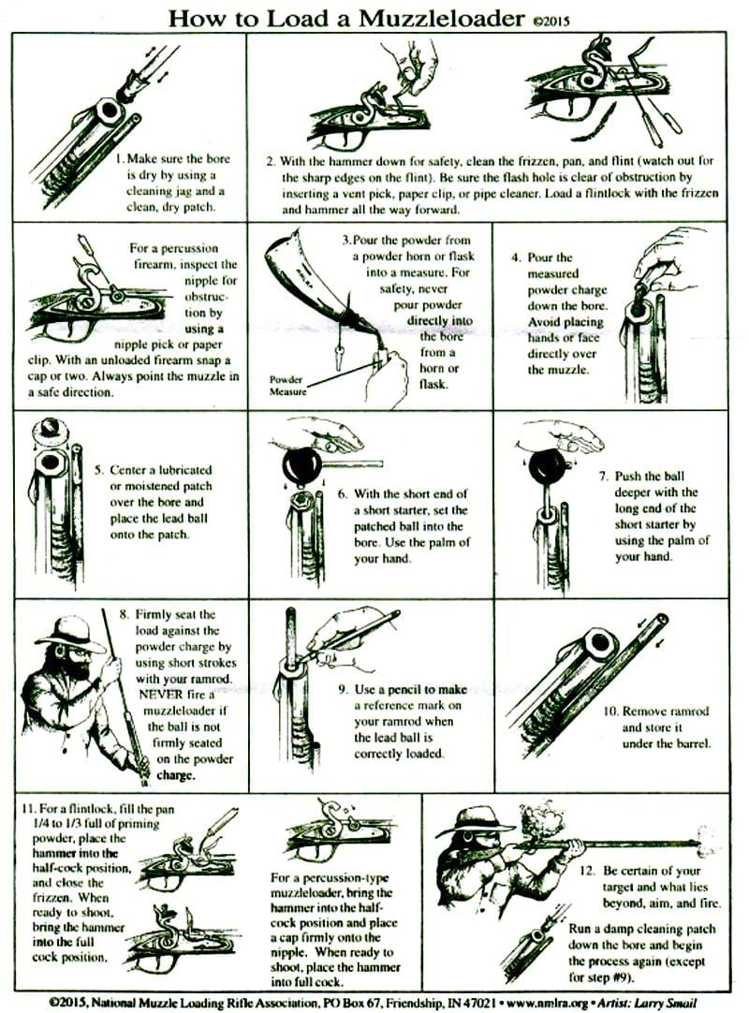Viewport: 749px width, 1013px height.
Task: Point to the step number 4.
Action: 516,257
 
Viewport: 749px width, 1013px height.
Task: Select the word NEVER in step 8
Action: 164,695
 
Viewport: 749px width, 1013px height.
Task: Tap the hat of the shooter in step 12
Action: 481,818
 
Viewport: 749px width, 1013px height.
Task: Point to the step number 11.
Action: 27,808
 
